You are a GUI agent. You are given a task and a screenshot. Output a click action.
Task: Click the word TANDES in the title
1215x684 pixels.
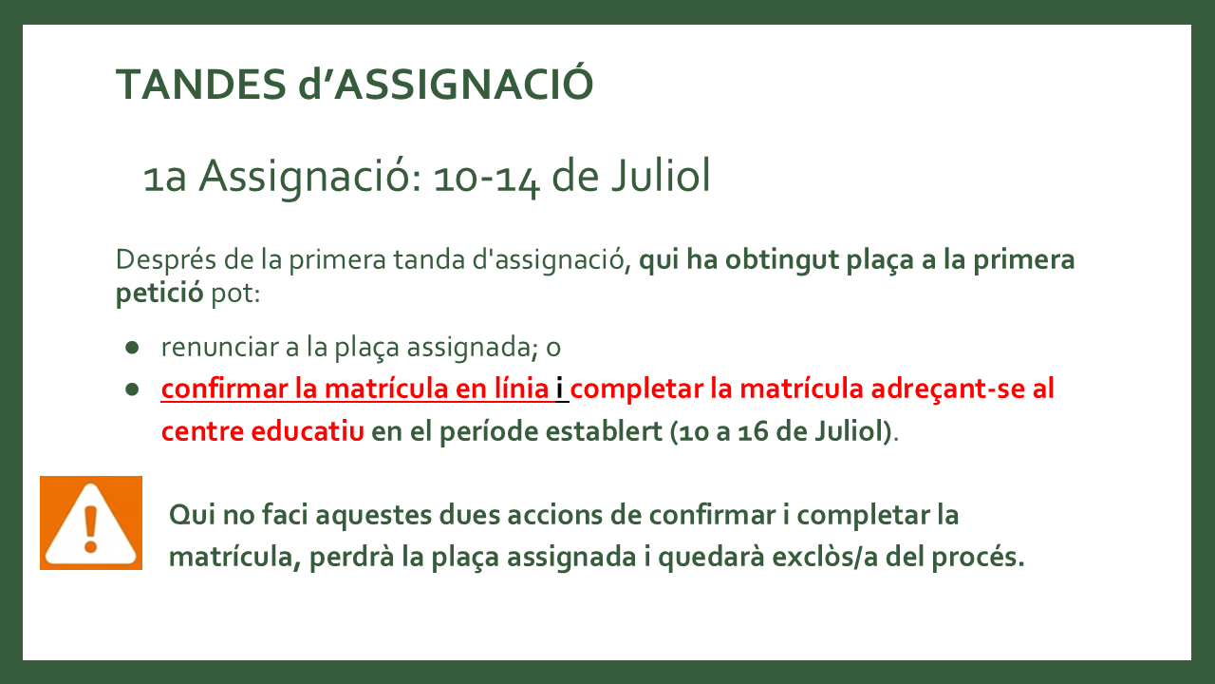tap(200, 85)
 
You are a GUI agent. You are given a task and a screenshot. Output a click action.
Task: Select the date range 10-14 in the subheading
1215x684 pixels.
tap(487, 178)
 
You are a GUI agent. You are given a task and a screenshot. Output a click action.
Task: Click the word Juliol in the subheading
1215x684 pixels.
tap(661, 176)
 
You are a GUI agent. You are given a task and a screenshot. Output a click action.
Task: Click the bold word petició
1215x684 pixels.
tap(159, 294)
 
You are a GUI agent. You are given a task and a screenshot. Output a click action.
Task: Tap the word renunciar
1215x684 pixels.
tap(219, 348)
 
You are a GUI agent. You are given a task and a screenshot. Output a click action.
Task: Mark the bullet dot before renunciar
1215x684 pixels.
tap(132, 348)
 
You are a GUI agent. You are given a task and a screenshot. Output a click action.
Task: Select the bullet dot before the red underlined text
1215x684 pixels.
tap(132, 389)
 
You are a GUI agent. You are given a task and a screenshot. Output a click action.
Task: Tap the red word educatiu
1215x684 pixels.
tap(308, 431)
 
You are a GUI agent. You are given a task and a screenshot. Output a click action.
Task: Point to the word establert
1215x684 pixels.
tap(604, 431)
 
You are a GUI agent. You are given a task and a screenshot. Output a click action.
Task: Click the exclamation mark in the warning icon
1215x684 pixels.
tap(90, 529)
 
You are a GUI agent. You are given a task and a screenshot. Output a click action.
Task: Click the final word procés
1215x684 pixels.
tap(978, 557)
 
